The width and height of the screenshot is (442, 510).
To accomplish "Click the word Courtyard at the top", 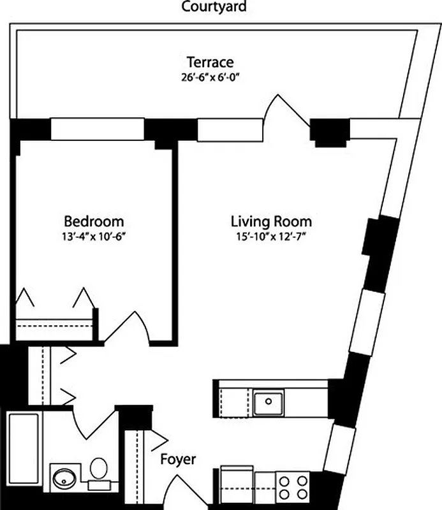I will [x=214, y=8].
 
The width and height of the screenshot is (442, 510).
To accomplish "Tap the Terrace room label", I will [x=209, y=62].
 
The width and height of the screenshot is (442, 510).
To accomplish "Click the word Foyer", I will [x=177, y=459].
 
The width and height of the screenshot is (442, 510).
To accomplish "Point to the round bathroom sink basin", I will [x=64, y=477].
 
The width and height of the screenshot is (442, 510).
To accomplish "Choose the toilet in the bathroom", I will [x=98, y=472].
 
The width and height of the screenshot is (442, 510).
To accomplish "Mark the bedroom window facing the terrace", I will [x=97, y=129].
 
